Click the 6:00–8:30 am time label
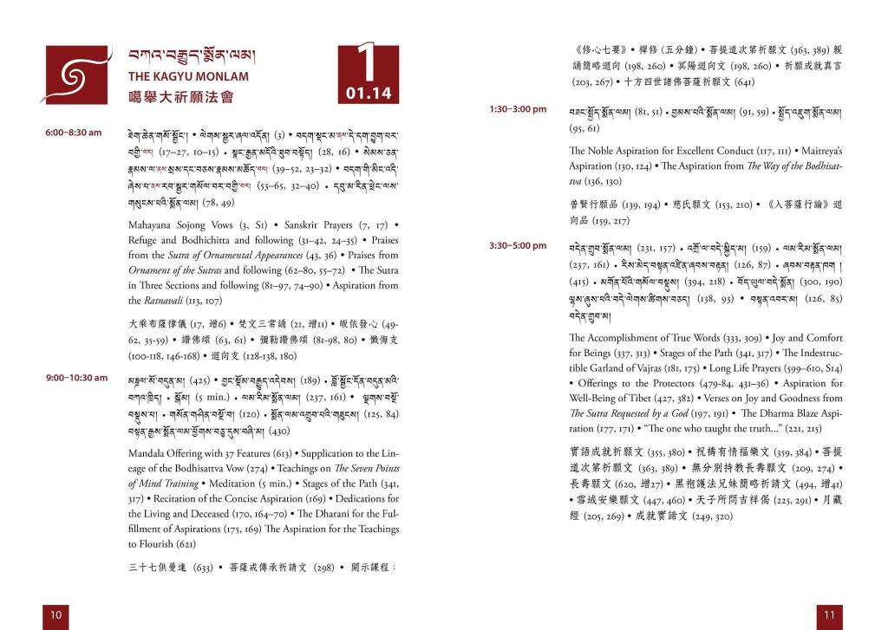pyautogui.click(x=74, y=133)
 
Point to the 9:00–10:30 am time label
pyautogui.click(x=76, y=378)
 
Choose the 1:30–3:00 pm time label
pyautogui.click(x=518, y=109)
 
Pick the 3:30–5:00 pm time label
pyautogui.click(x=518, y=245)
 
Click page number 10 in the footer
pyautogui.click(x=55, y=614)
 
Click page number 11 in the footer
pyautogui.click(x=830, y=614)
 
